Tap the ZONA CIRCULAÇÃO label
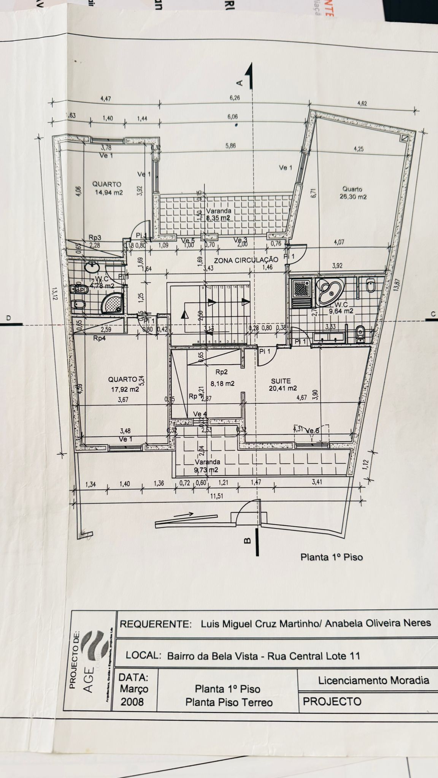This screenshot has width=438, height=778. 246,260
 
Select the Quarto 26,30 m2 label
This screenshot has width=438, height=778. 353,193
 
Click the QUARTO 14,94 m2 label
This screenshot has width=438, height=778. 108,188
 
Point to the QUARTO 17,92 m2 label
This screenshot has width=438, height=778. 123,384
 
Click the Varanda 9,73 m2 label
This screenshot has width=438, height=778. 207,466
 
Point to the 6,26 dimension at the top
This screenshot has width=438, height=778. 235,98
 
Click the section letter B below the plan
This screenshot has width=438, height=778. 247,541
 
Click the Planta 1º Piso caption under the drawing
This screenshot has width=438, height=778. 332,557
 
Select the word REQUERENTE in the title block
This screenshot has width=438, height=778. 155,624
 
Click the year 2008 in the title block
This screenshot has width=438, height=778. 132,702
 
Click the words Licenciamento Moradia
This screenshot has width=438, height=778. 373,680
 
